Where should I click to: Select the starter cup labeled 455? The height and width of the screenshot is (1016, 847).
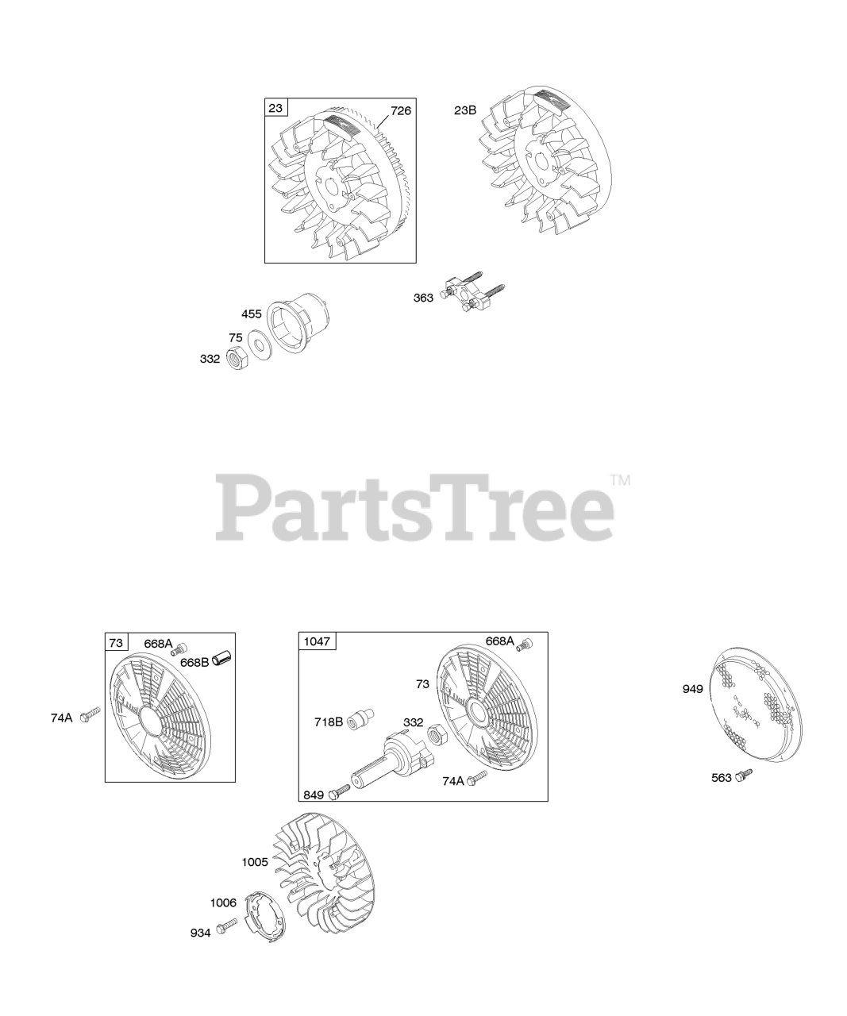[298, 322]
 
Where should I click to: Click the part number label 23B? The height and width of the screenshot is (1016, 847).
[465, 110]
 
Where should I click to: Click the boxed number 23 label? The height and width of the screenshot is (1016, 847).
[275, 107]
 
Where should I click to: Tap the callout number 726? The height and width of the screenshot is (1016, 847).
[401, 111]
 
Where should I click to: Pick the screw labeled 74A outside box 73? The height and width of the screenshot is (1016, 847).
[90, 715]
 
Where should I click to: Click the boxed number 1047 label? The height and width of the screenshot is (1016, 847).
[317, 641]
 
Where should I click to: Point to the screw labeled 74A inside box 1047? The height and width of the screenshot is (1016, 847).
[476, 778]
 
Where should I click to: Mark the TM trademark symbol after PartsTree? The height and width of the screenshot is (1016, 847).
[620, 481]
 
